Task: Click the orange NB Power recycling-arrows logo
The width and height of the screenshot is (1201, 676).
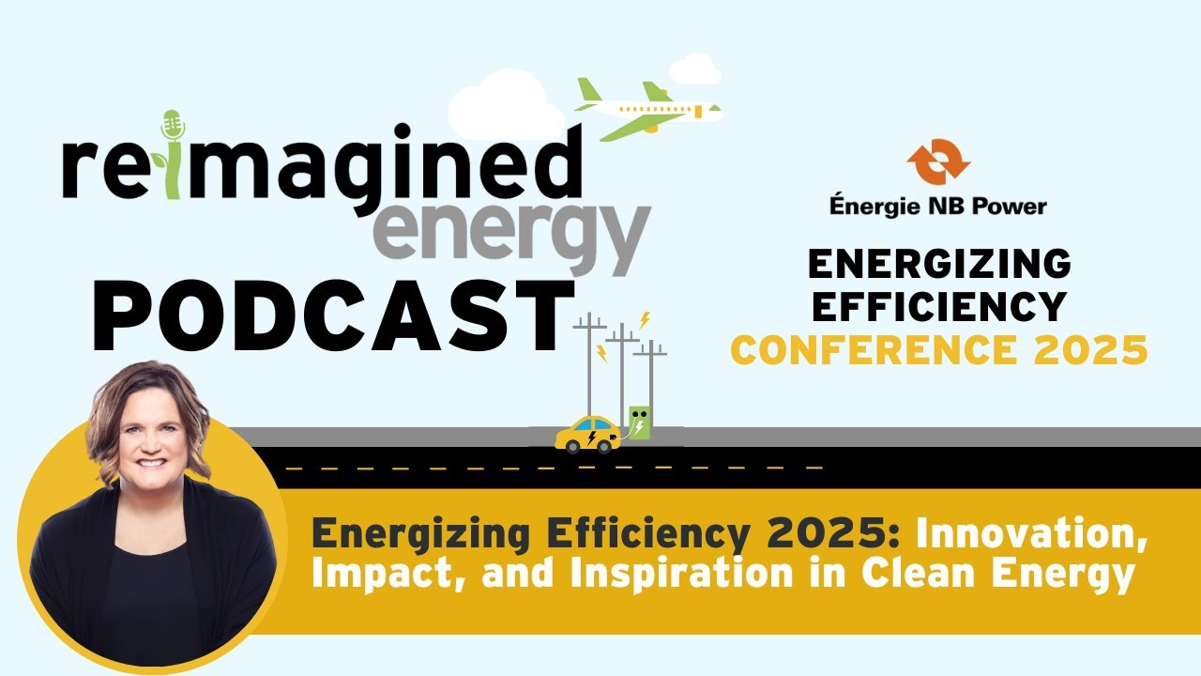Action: point(937,161)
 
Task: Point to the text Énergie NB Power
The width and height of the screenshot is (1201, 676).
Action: point(937,206)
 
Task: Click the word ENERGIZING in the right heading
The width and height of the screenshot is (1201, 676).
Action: point(939,265)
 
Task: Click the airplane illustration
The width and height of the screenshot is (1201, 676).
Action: point(647,109)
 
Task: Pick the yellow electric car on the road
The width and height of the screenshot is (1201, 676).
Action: point(587,434)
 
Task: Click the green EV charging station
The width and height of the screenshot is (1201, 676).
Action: point(639,423)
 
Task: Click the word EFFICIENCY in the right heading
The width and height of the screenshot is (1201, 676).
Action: point(937,306)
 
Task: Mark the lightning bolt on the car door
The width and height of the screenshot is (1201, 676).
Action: point(591,437)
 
